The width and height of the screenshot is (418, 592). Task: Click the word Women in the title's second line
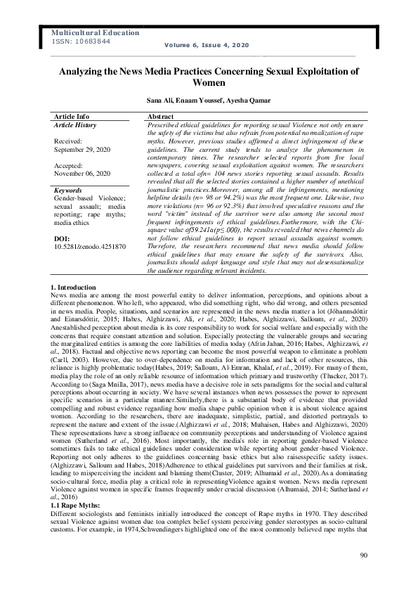point(208,82)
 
